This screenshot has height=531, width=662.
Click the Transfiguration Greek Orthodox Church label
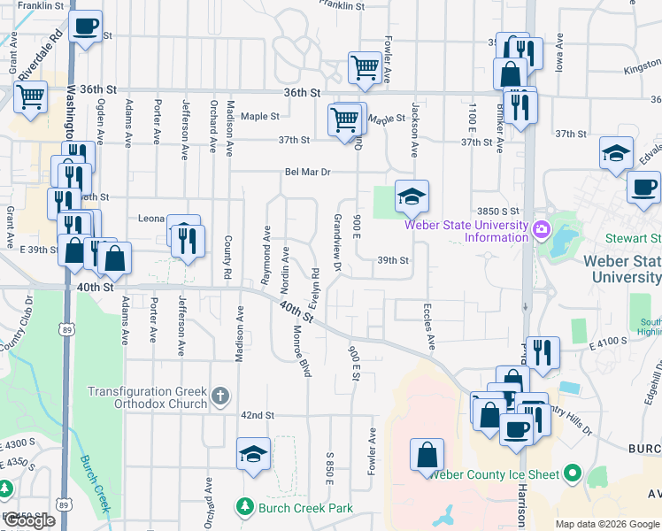coord(147,397)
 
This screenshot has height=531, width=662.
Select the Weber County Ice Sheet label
coord(494,474)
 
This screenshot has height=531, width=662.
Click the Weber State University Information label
coord(466,230)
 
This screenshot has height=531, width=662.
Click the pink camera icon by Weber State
coord(541,230)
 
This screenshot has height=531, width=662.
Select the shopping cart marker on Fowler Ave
coord(365,67)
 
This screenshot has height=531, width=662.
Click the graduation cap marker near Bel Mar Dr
coord(412,197)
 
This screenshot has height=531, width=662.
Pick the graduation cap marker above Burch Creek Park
coord(253,455)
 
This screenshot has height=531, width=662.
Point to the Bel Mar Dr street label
coord(306,173)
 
